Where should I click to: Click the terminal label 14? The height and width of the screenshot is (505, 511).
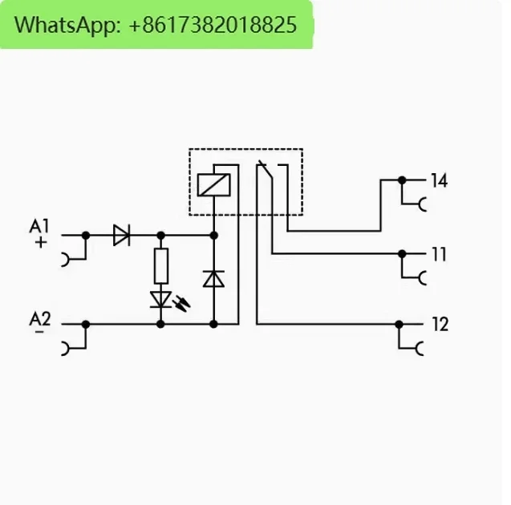pos(438,180)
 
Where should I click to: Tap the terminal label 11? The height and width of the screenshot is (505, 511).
pos(438,255)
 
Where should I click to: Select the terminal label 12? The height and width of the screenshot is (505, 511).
pos(439,325)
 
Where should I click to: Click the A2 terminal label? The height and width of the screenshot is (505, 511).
pos(40,319)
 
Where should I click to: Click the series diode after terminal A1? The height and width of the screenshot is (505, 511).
pos(122,235)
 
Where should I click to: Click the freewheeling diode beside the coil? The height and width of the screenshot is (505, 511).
pos(213,278)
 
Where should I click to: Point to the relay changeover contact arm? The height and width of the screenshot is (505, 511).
pos(265,173)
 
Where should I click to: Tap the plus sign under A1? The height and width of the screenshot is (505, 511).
pos(41,240)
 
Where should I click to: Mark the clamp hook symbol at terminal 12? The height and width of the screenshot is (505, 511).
pos(420,349)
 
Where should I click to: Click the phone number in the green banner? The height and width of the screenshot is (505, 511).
pos(212,25)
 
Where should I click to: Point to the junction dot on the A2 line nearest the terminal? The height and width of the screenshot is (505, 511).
pos(86,324)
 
